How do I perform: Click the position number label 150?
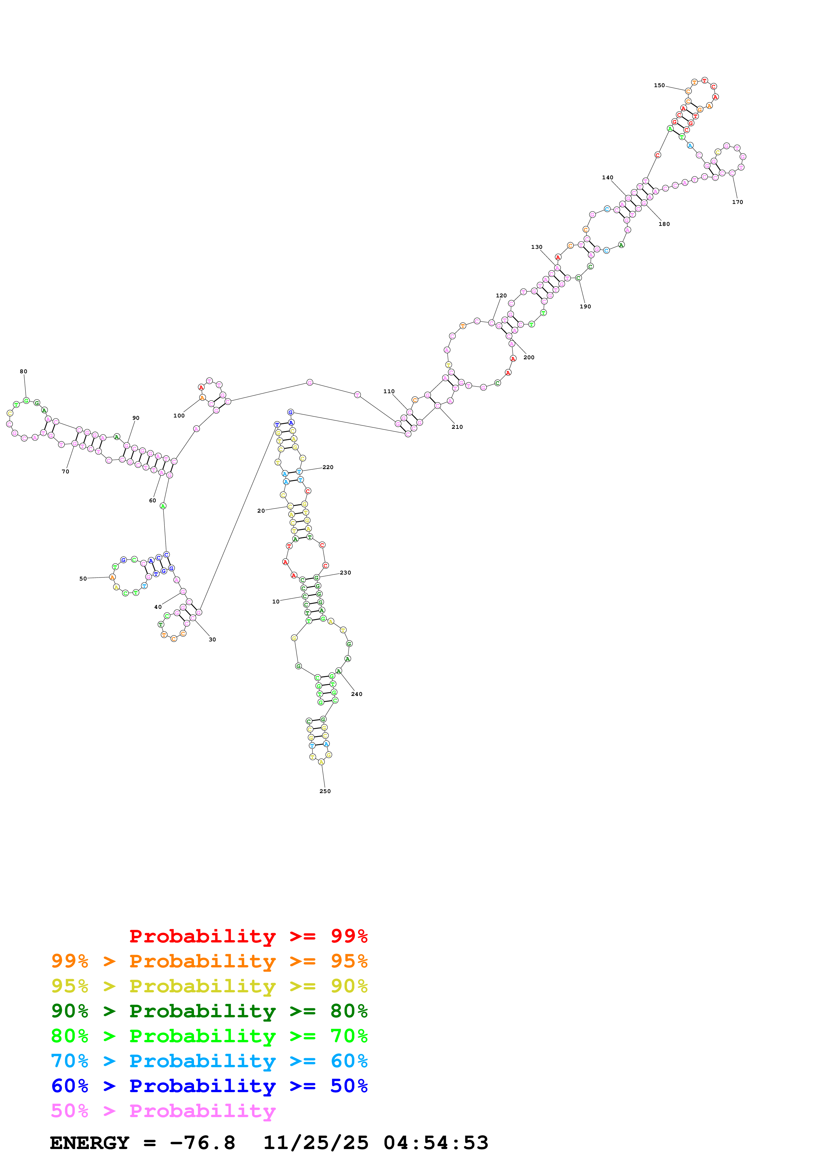click(x=659, y=85)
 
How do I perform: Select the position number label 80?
click(x=23, y=372)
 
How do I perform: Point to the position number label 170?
click(x=737, y=202)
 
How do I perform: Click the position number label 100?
click(x=179, y=416)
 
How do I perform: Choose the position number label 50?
click(x=83, y=579)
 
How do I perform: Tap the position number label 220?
click(x=328, y=467)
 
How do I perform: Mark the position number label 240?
click(x=356, y=694)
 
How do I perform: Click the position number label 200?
click(x=529, y=357)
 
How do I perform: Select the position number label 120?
click(x=501, y=295)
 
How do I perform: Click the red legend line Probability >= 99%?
click(x=248, y=936)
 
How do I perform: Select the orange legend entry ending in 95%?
click(x=209, y=961)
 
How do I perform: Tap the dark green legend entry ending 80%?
click(x=209, y=1011)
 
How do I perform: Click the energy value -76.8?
click(x=202, y=1143)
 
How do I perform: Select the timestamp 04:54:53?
click(x=436, y=1143)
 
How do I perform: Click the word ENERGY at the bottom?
click(x=90, y=1143)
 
